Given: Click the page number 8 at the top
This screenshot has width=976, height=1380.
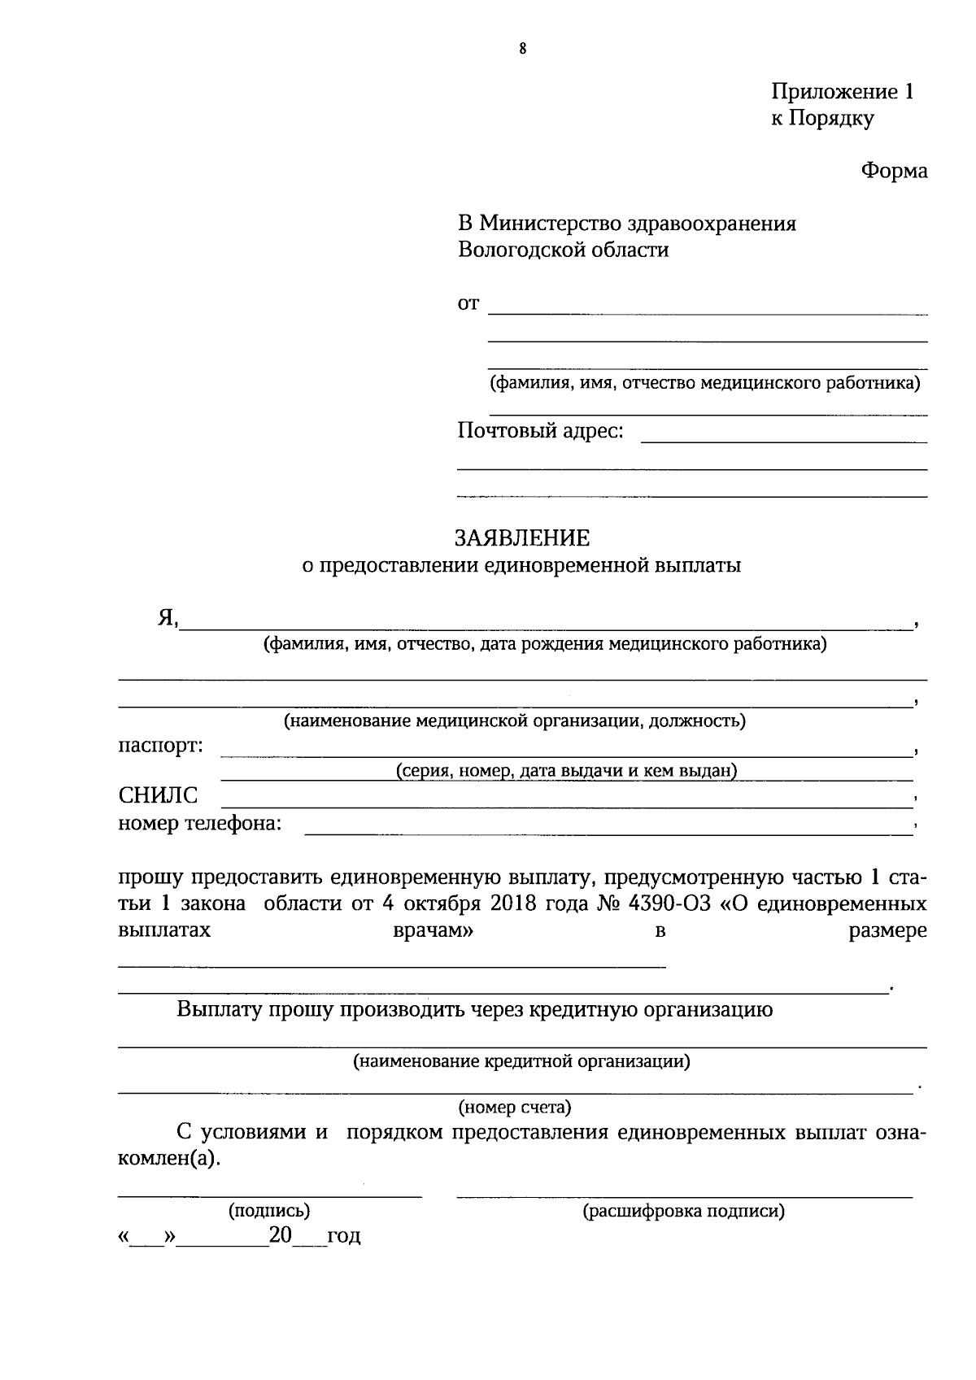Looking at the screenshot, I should (522, 50).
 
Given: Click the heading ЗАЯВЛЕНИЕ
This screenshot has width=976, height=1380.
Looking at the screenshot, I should (521, 538).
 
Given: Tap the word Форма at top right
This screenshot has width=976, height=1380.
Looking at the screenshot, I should (894, 171).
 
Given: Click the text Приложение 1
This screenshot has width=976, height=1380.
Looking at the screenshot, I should (842, 92).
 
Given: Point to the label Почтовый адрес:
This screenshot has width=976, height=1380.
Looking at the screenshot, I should (540, 430).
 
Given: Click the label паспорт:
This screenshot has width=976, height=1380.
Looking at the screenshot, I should (161, 745).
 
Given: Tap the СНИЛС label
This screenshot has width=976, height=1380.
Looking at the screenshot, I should (158, 795).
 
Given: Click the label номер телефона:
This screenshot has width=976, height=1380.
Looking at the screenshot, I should (200, 823).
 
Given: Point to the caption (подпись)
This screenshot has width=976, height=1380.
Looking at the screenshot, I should (269, 1211).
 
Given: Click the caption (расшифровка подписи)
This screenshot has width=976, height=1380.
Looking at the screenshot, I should (683, 1212).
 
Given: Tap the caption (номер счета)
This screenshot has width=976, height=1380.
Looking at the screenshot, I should (515, 1107).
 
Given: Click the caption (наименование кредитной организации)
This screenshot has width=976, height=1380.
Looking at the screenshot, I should (521, 1061).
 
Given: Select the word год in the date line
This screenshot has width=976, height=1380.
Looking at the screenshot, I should (343, 1237).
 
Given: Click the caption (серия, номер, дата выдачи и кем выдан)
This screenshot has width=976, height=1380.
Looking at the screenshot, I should (566, 771).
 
